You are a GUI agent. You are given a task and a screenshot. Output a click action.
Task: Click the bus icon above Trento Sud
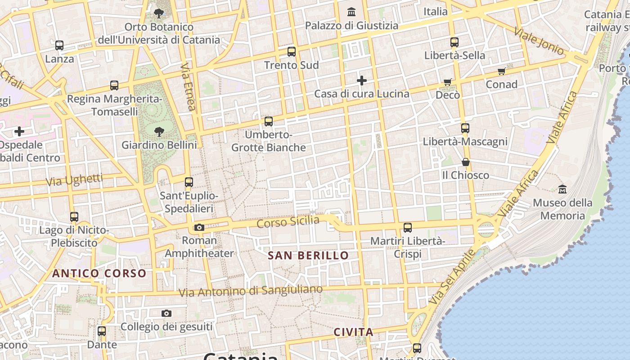[x=292, y=52]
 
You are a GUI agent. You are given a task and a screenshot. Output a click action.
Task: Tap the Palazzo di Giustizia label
[x=351, y=26]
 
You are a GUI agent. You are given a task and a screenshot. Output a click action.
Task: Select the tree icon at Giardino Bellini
[x=159, y=131]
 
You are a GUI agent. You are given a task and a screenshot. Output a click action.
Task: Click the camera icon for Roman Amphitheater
[x=199, y=227]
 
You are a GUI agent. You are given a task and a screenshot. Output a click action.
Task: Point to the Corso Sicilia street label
[x=288, y=222]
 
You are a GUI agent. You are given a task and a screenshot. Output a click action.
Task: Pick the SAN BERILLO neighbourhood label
[x=308, y=256]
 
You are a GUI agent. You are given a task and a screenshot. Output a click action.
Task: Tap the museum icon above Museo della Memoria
[x=562, y=189]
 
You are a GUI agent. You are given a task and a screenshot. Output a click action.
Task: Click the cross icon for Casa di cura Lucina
[x=362, y=81]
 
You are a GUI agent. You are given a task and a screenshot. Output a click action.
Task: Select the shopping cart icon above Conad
[x=502, y=71]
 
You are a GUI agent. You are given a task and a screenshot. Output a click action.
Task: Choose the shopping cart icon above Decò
[x=448, y=82]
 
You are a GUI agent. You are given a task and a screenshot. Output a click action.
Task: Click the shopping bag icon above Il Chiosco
[x=466, y=162]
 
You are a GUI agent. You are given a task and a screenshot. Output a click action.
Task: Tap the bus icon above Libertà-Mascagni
[x=465, y=128]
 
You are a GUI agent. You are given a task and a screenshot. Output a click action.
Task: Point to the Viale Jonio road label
[x=539, y=41]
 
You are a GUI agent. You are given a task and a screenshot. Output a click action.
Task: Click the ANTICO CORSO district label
[x=99, y=273]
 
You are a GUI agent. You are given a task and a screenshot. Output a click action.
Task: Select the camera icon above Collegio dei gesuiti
[x=166, y=313]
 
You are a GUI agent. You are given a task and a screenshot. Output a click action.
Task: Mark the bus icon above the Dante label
[x=102, y=331]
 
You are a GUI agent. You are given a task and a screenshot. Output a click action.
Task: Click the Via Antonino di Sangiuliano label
[x=251, y=291]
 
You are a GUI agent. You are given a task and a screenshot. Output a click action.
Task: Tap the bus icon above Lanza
[x=59, y=45]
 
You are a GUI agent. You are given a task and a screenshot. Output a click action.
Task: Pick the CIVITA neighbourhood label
[x=353, y=332]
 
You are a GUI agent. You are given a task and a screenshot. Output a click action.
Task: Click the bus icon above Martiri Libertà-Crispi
[x=408, y=228]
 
